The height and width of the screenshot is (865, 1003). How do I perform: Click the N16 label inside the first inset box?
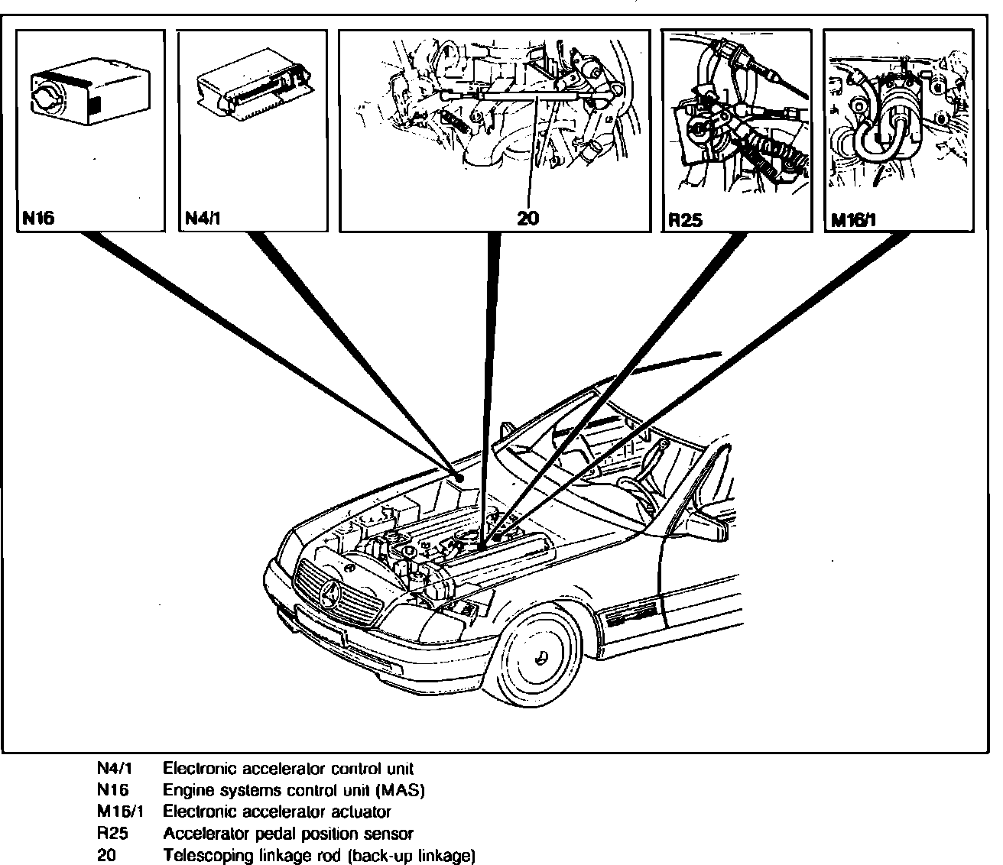[38, 219]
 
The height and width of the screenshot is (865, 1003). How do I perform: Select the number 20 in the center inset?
[528, 219]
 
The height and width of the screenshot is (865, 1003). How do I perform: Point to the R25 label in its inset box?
[685, 220]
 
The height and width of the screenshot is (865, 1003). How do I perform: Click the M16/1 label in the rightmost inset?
[853, 221]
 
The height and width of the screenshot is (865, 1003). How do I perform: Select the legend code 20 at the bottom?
[106, 855]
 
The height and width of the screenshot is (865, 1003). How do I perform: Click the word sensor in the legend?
[391, 834]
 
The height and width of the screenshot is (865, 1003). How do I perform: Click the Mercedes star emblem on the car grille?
[332, 594]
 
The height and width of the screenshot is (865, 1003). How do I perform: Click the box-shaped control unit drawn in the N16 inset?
[87, 94]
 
